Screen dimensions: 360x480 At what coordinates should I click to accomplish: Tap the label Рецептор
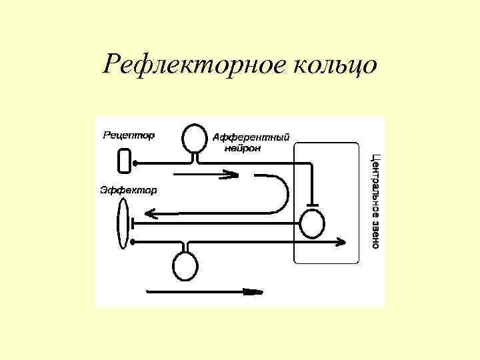coord(129,135)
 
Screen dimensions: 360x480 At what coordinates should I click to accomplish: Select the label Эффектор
coord(129,190)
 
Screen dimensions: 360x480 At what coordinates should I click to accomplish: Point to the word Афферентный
coord(251,138)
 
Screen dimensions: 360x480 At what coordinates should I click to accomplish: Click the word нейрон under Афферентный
coord(243,148)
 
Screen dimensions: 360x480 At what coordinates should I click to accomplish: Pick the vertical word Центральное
coord(375,179)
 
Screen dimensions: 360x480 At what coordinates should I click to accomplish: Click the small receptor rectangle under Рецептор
coord(124,161)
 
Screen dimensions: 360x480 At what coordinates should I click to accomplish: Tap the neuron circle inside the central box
coord(312,223)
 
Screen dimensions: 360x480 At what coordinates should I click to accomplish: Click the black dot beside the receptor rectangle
coord(135,162)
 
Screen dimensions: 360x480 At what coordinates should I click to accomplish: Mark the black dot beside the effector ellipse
coord(135,240)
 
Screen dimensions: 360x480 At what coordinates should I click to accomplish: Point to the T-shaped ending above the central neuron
coord(312,204)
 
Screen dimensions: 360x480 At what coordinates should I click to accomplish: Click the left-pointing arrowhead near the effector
coord(150,213)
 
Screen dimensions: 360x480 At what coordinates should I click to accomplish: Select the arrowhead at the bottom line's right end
coord(342,241)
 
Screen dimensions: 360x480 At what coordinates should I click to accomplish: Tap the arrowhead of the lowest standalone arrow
coord(255,291)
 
